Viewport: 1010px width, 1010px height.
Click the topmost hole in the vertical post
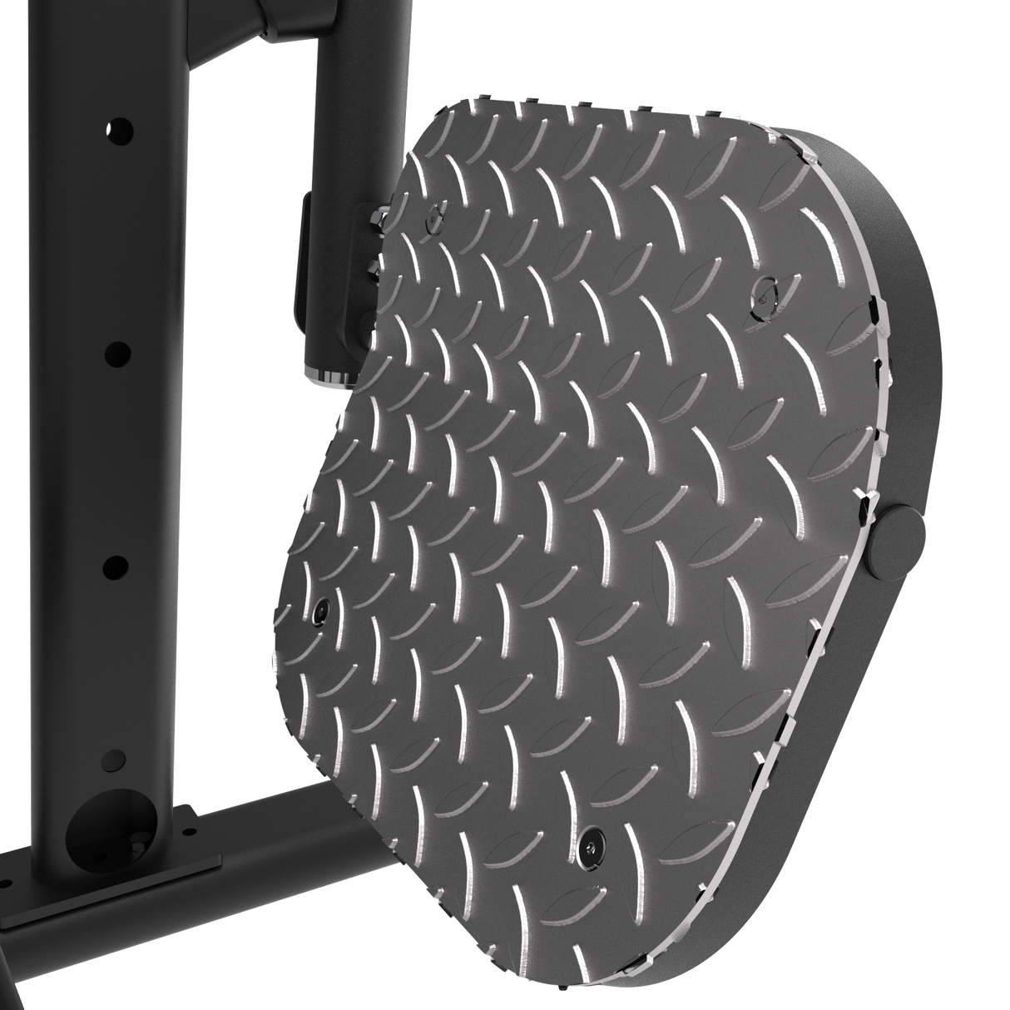tap(119, 130)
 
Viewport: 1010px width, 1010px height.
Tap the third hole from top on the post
tap(114, 567)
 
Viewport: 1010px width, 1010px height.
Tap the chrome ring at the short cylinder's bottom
tap(331, 378)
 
